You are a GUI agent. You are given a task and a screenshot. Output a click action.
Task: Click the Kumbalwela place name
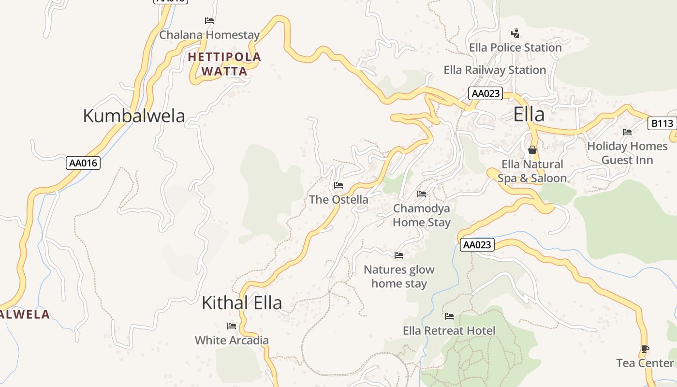click(x=134, y=116)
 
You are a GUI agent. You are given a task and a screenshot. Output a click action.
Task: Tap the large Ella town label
click(x=529, y=115)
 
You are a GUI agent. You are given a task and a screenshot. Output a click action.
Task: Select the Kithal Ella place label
click(x=241, y=303)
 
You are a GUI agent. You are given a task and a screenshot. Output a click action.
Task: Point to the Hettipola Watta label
click(x=224, y=64)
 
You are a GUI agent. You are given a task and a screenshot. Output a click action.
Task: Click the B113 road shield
click(x=662, y=123)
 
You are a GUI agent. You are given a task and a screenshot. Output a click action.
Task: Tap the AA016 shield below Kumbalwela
click(x=83, y=163)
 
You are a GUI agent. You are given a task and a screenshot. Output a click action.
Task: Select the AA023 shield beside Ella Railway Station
click(x=485, y=93)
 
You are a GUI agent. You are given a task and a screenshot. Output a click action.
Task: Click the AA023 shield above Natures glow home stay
click(x=477, y=245)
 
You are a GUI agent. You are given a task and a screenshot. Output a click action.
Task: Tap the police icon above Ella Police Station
click(x=515, y=33)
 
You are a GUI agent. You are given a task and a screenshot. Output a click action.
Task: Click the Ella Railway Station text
click(x=495, y=70)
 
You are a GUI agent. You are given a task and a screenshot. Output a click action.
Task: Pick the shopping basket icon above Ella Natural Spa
click(x=532, y=150)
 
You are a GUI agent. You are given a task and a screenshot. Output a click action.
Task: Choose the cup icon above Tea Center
click(x=645, y=349)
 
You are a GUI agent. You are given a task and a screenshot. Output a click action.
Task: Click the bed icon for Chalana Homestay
click(x=209, y=21)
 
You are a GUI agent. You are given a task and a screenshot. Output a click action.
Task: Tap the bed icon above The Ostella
click(x=338, y=185)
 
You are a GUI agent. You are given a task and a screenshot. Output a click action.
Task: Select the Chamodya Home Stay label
click(x=422, y=215)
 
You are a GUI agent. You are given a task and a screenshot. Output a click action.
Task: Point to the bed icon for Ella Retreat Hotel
click(x=449, y=316)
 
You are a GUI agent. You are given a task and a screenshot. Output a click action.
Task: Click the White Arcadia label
click(x=232, y=341)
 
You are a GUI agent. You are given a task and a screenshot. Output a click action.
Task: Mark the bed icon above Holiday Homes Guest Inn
click(x=627, y=132)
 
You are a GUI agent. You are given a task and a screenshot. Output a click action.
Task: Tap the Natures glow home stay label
click(x=399, y=276)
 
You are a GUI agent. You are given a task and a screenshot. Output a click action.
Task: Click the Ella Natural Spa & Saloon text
click(x=532, y=171)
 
